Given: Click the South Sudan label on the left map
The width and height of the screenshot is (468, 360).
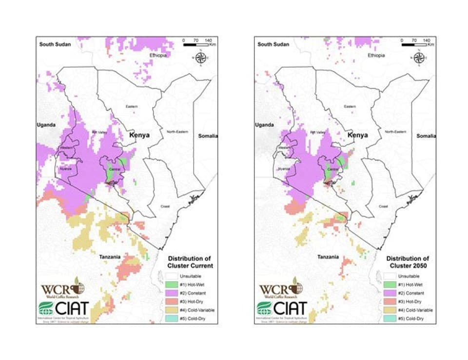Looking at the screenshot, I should point(55,44).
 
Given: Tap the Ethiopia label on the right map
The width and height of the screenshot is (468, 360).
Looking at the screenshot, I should point(376,56).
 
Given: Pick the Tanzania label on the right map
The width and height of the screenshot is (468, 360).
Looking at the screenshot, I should point(328,257).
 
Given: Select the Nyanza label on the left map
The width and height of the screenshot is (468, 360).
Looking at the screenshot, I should point(65,168).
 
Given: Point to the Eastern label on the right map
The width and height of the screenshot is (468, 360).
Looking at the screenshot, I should point(350,106).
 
